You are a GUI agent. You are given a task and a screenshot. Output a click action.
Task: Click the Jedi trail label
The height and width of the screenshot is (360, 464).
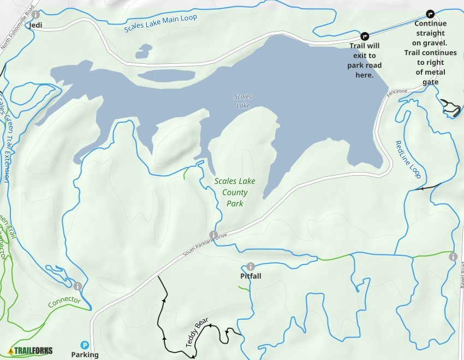click(37, 25)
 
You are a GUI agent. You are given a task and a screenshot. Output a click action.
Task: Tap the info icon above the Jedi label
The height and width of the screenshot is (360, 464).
click(36, 14)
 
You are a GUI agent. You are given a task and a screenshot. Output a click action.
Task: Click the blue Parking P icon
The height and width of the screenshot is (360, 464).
click(85, 345)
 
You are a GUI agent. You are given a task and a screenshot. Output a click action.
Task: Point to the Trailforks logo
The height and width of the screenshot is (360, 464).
click(31, 351)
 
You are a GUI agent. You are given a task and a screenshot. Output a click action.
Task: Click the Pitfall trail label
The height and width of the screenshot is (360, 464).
click(251, 276)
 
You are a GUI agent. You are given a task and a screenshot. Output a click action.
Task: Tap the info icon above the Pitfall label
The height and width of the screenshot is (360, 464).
click(251, 266)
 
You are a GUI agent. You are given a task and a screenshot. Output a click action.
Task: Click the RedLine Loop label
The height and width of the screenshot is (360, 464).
click(408, 159)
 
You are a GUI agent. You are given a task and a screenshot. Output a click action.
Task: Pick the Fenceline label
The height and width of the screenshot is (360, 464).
click(397, 94)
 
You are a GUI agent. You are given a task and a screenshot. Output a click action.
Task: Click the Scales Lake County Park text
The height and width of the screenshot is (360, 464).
click(235, 192)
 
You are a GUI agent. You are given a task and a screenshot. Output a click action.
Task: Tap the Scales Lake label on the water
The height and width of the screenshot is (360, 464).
click(243, 101)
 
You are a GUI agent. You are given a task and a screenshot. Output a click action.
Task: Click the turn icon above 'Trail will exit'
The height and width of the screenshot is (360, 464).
click(365, 35)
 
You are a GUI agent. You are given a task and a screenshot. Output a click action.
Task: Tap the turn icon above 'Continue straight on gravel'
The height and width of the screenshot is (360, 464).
click(430, 14)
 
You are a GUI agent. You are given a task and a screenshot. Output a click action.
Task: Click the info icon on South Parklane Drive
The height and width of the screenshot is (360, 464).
click(213, 235)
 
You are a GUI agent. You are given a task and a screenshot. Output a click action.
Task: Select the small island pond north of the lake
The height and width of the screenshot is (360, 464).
click(144, 52)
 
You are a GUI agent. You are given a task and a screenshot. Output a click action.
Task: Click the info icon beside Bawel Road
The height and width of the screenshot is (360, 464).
click(453, 256)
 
